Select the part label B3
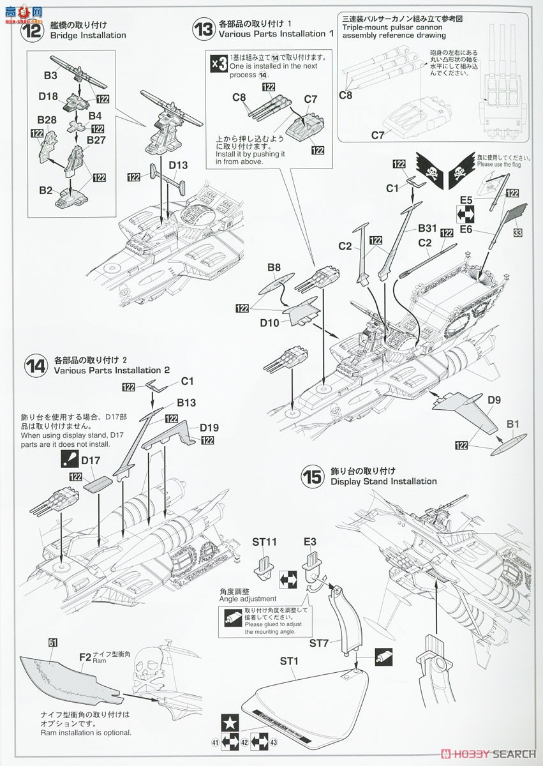[x=51, y=75]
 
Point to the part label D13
[x=179, y=165]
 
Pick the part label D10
[x=269, y=323]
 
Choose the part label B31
[x=428, y=228]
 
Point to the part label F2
[x=85, y=656]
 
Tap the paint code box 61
[x=53, y=642]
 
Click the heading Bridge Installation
[x=90, y=35]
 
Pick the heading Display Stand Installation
[x=383, y=481]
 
